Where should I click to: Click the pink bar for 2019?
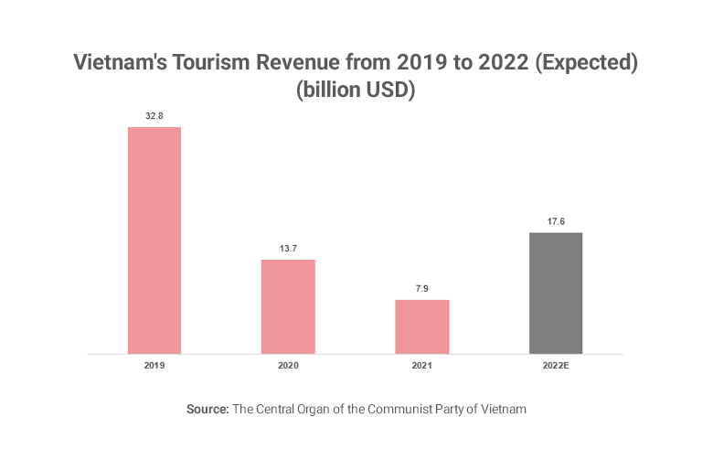tap(154, 240)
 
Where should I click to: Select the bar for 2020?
tap(288, 306)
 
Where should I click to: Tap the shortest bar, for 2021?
tap(422, 326)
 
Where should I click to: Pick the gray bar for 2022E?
tap(556, 293)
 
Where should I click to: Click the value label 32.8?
tap(154, 116)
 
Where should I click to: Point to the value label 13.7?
tap(288, 249)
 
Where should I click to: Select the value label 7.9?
tap(422, 289)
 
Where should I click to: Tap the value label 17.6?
tap(556, 221)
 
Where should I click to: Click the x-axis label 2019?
tap(154, 365)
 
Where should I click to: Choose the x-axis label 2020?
tap(288, 365)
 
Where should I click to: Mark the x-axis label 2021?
tap(422, 365)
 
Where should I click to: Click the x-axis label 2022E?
tap(556, 365)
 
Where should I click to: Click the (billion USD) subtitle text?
tap(356, 91)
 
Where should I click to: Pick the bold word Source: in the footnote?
tap(208, 410)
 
